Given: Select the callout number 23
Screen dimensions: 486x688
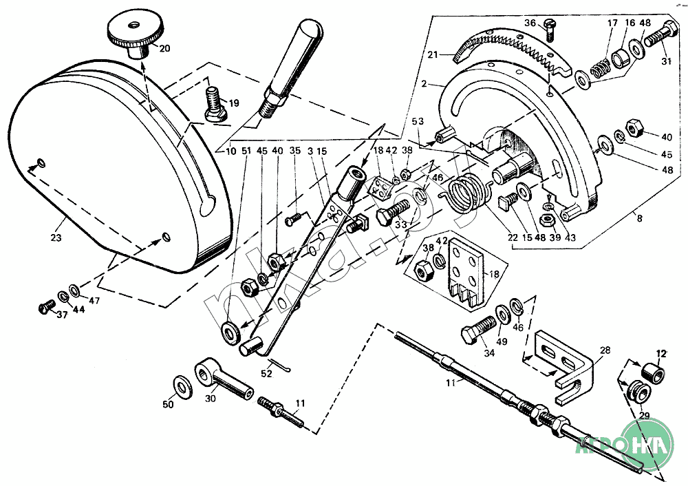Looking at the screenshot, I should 56,237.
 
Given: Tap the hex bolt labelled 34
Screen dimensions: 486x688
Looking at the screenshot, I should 479,333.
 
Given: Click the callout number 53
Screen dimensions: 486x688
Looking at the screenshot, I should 418,121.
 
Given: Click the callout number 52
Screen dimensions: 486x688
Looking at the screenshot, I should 267,374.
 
